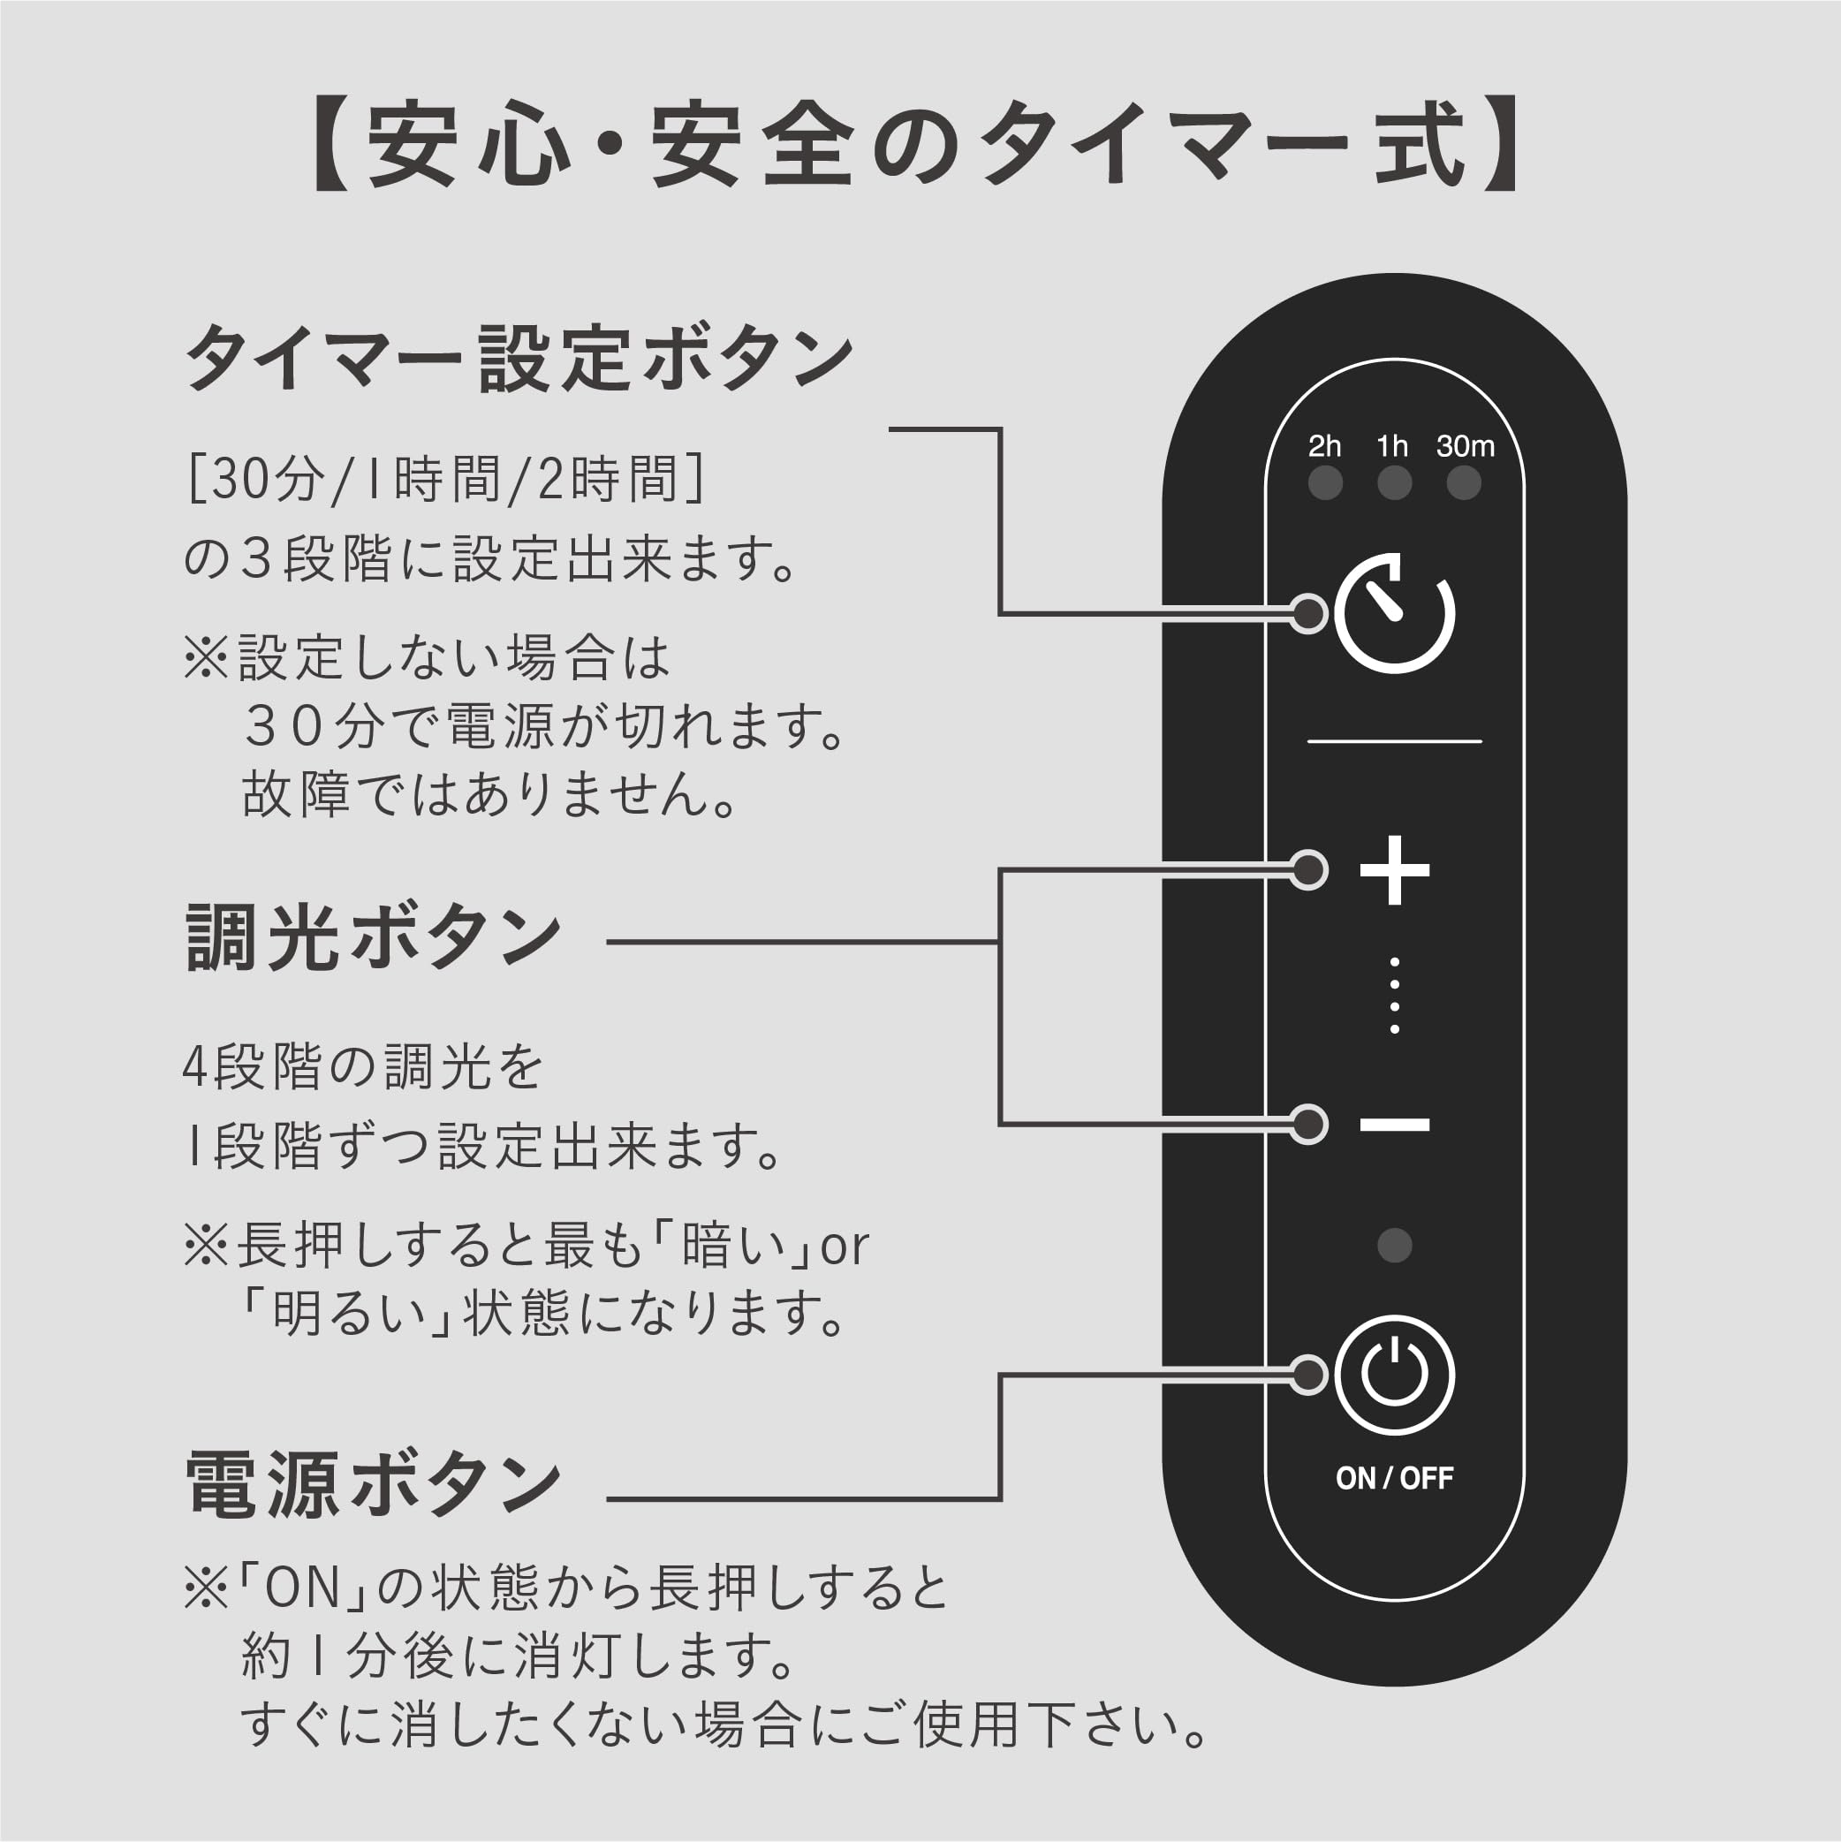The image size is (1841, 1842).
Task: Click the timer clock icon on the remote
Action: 1394,613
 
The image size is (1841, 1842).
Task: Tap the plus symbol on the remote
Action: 1394,869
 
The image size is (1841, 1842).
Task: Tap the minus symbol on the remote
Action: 1394,1125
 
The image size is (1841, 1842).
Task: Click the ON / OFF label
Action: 1394,1478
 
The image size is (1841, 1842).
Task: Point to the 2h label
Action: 1324,445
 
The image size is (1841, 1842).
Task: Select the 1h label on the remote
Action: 1392,445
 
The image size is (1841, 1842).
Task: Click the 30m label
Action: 1466,445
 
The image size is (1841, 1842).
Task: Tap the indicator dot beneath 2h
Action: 1325,482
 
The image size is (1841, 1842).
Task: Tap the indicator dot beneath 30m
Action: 1464,482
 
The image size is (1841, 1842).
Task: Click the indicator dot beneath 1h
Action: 1394,482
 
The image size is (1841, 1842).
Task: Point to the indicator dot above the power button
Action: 1394,1245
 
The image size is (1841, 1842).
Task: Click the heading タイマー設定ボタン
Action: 519,359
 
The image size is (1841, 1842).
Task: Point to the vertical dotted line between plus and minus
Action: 1394,996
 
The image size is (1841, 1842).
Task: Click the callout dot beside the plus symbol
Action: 1309,869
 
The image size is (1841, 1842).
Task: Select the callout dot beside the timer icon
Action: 1309,613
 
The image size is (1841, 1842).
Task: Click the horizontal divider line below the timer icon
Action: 1394,741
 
